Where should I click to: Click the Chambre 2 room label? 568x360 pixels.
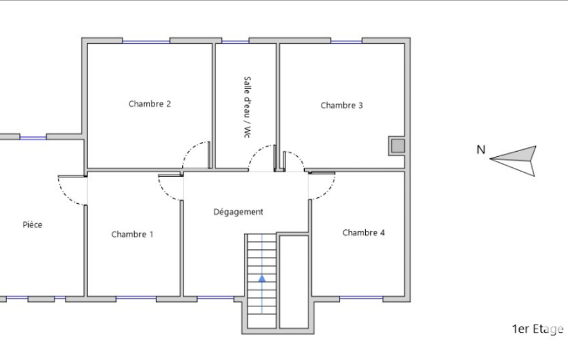[150, 104]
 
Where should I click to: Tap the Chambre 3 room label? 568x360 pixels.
[341, 105]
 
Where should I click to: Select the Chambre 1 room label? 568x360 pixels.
[132, 234]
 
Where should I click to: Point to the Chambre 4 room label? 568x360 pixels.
[364, 233]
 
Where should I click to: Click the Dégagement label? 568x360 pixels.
[238, 212]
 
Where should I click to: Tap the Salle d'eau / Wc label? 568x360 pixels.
[247, 107]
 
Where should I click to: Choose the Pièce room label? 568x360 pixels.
[33, 224]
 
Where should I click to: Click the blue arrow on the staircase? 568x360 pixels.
[262, 278]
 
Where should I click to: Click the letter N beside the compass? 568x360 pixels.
[480, 150]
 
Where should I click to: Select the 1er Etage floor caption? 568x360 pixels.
[538, 329]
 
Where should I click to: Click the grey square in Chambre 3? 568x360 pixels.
[398, 146]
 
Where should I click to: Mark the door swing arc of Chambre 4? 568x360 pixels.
[328, 192]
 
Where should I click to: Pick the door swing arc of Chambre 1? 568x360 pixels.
[165, 192]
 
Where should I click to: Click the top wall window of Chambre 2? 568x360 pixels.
[146, 42]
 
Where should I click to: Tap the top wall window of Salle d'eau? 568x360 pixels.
[236, 42]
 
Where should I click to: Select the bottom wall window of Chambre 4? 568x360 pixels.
[361, 298]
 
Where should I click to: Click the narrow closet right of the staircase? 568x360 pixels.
[294, 282]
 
